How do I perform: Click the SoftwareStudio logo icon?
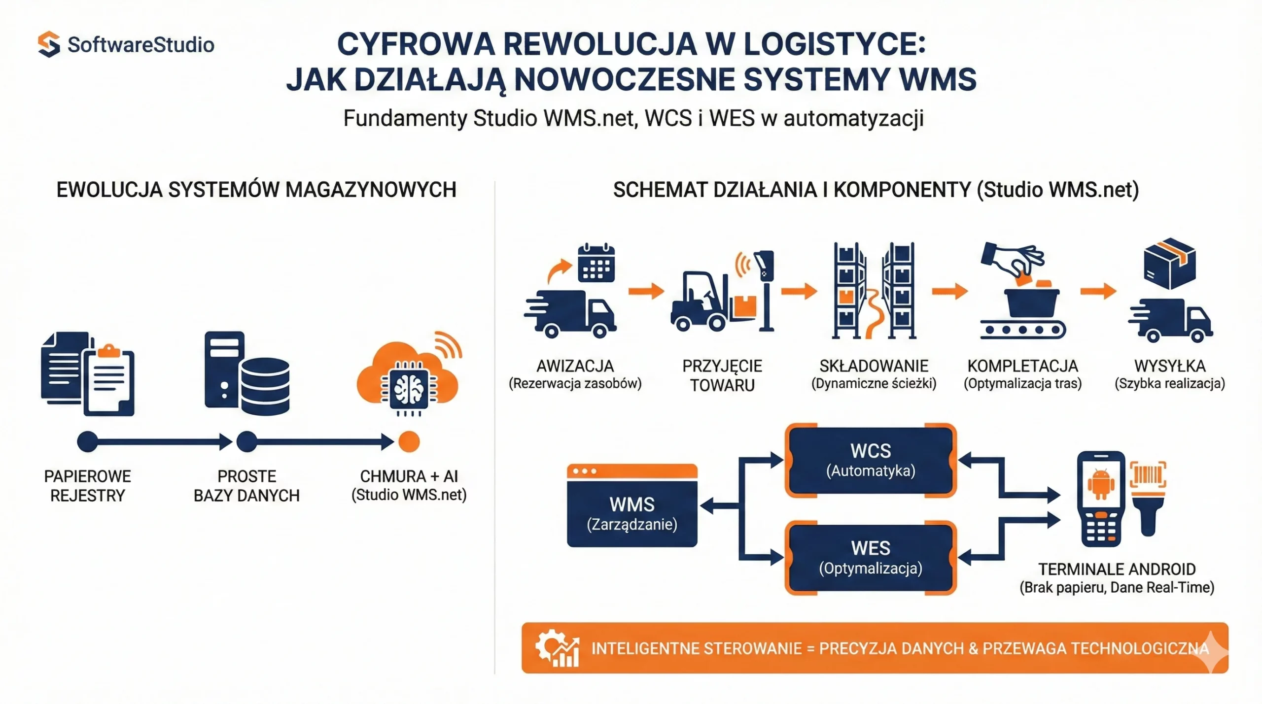[x=49, y=44]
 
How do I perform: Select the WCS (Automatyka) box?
[x=871, y=460]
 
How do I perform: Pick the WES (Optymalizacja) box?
[x=871, y=558]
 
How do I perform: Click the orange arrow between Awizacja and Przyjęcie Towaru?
[x=646, y=291]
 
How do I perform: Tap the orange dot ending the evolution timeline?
[x=409, y=441]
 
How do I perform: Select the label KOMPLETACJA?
[x=1022, y=366]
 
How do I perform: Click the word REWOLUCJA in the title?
[x=600, y=44]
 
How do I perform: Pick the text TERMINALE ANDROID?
[x=1117, y=570]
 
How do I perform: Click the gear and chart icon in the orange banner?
[x=558, y=648]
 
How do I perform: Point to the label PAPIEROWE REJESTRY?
[x=88, y=486]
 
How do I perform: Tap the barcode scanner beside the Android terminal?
[x=1149, y=498]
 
